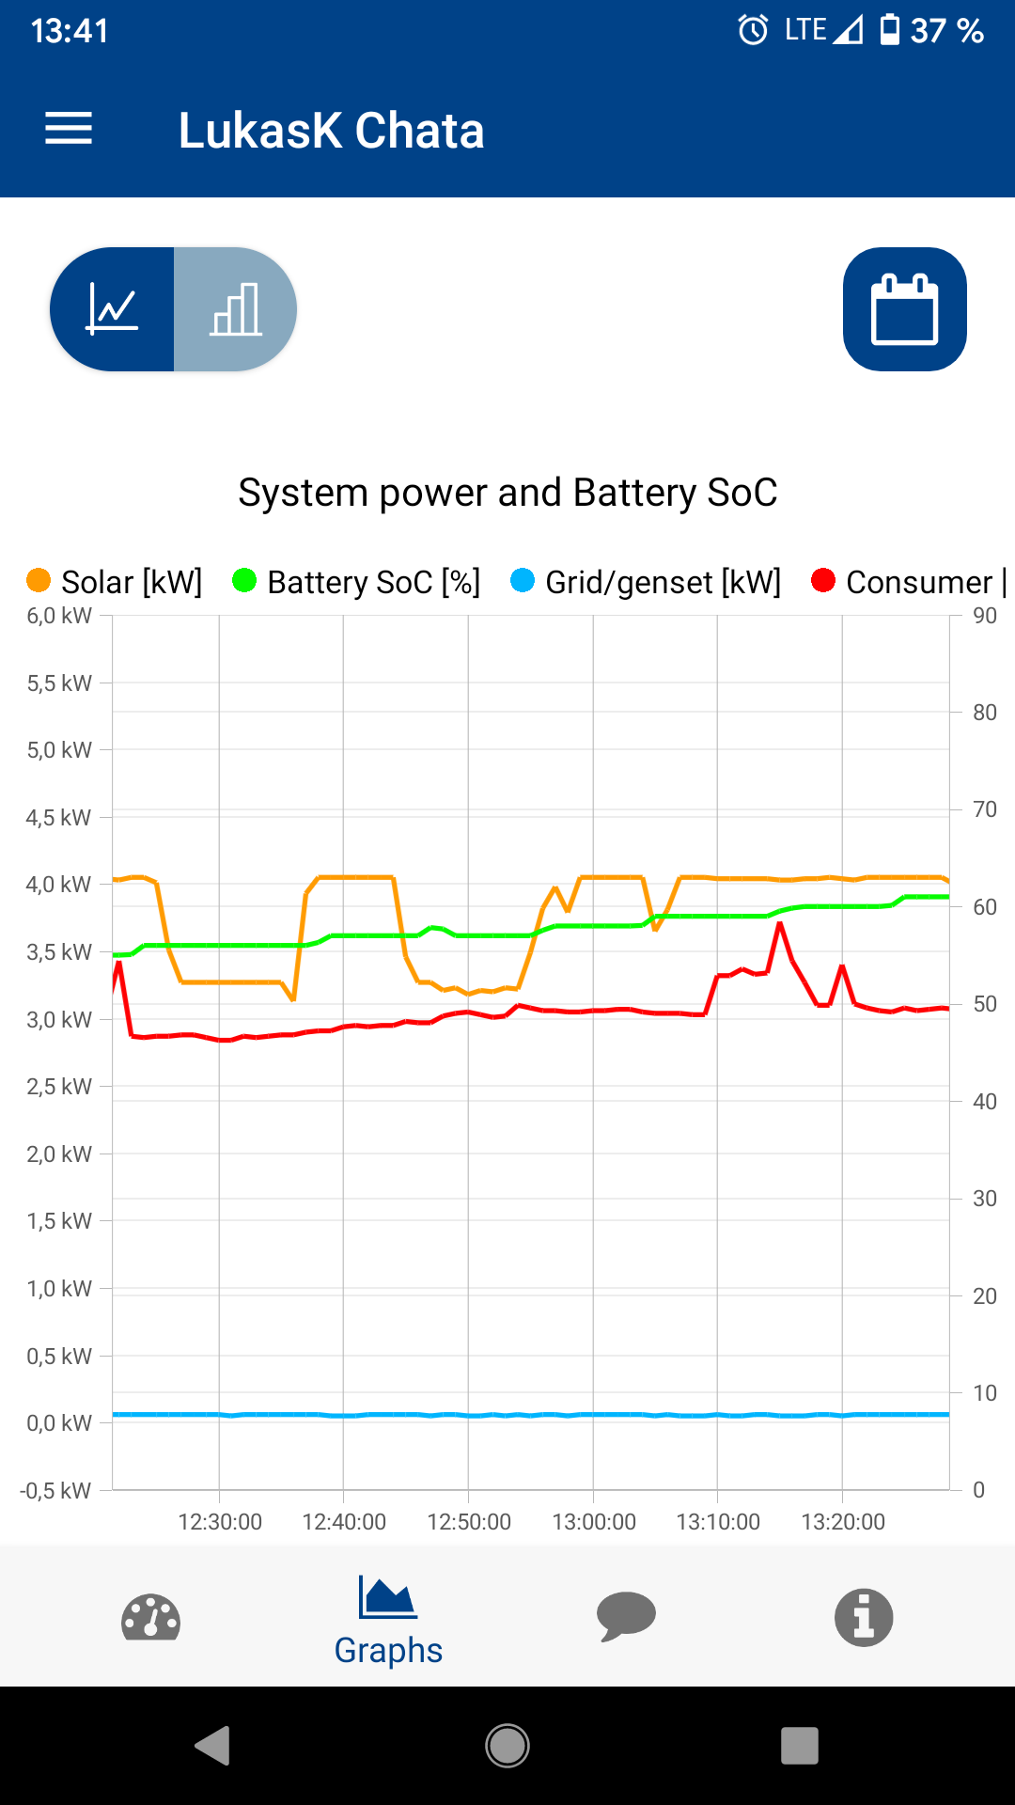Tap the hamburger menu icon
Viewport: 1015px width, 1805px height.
69,129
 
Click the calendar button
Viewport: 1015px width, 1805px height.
904,309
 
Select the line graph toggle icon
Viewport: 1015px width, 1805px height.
113,309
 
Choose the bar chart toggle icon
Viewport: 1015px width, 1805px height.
235,309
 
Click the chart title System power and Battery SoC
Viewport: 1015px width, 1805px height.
507,493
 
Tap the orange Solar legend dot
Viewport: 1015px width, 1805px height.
39,581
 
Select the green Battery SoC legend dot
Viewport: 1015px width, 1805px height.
244,581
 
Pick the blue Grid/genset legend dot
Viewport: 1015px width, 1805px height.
523,581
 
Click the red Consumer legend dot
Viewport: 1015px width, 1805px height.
823,581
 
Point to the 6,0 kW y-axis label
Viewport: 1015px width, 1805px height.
59,616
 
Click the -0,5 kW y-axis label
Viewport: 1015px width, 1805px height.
55,1490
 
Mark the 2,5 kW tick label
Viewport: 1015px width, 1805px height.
59,1087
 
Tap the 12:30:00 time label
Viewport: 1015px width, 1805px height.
220,1522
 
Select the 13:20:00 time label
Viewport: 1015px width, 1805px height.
843,1522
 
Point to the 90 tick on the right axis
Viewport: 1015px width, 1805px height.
985,616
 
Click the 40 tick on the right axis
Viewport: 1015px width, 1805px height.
985,1101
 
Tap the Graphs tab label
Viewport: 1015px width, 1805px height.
388,1650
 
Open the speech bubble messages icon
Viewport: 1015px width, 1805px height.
626,1617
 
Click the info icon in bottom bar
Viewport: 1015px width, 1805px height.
864,1617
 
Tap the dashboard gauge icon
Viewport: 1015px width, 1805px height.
150,1617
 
